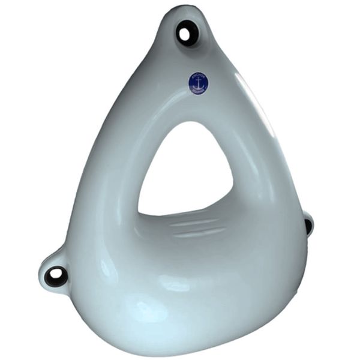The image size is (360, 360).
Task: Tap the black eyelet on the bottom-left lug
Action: (x=56, y=275)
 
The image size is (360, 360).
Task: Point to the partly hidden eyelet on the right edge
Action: (x=308, y=225)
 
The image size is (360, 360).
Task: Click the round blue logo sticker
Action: (x=199, y=83)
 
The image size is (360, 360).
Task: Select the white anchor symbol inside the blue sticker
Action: (x=199, y=83)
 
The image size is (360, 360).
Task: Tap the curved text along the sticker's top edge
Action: (x=199, y=76)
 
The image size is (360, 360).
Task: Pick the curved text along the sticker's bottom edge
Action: (x=199, y=91)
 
